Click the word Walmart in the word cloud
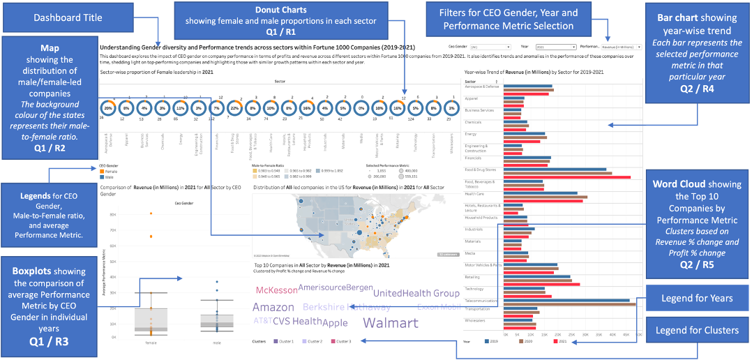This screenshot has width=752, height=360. (391, 323)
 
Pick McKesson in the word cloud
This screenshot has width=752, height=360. (276, 290)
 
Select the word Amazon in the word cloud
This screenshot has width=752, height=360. (273, 308)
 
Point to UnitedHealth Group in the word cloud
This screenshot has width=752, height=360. (416, 294)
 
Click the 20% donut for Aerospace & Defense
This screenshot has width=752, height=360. (108, 109)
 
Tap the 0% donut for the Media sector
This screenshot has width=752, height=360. (361, 109)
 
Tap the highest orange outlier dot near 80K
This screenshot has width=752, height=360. (150, 213)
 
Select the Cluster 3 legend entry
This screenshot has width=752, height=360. (341, 341)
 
